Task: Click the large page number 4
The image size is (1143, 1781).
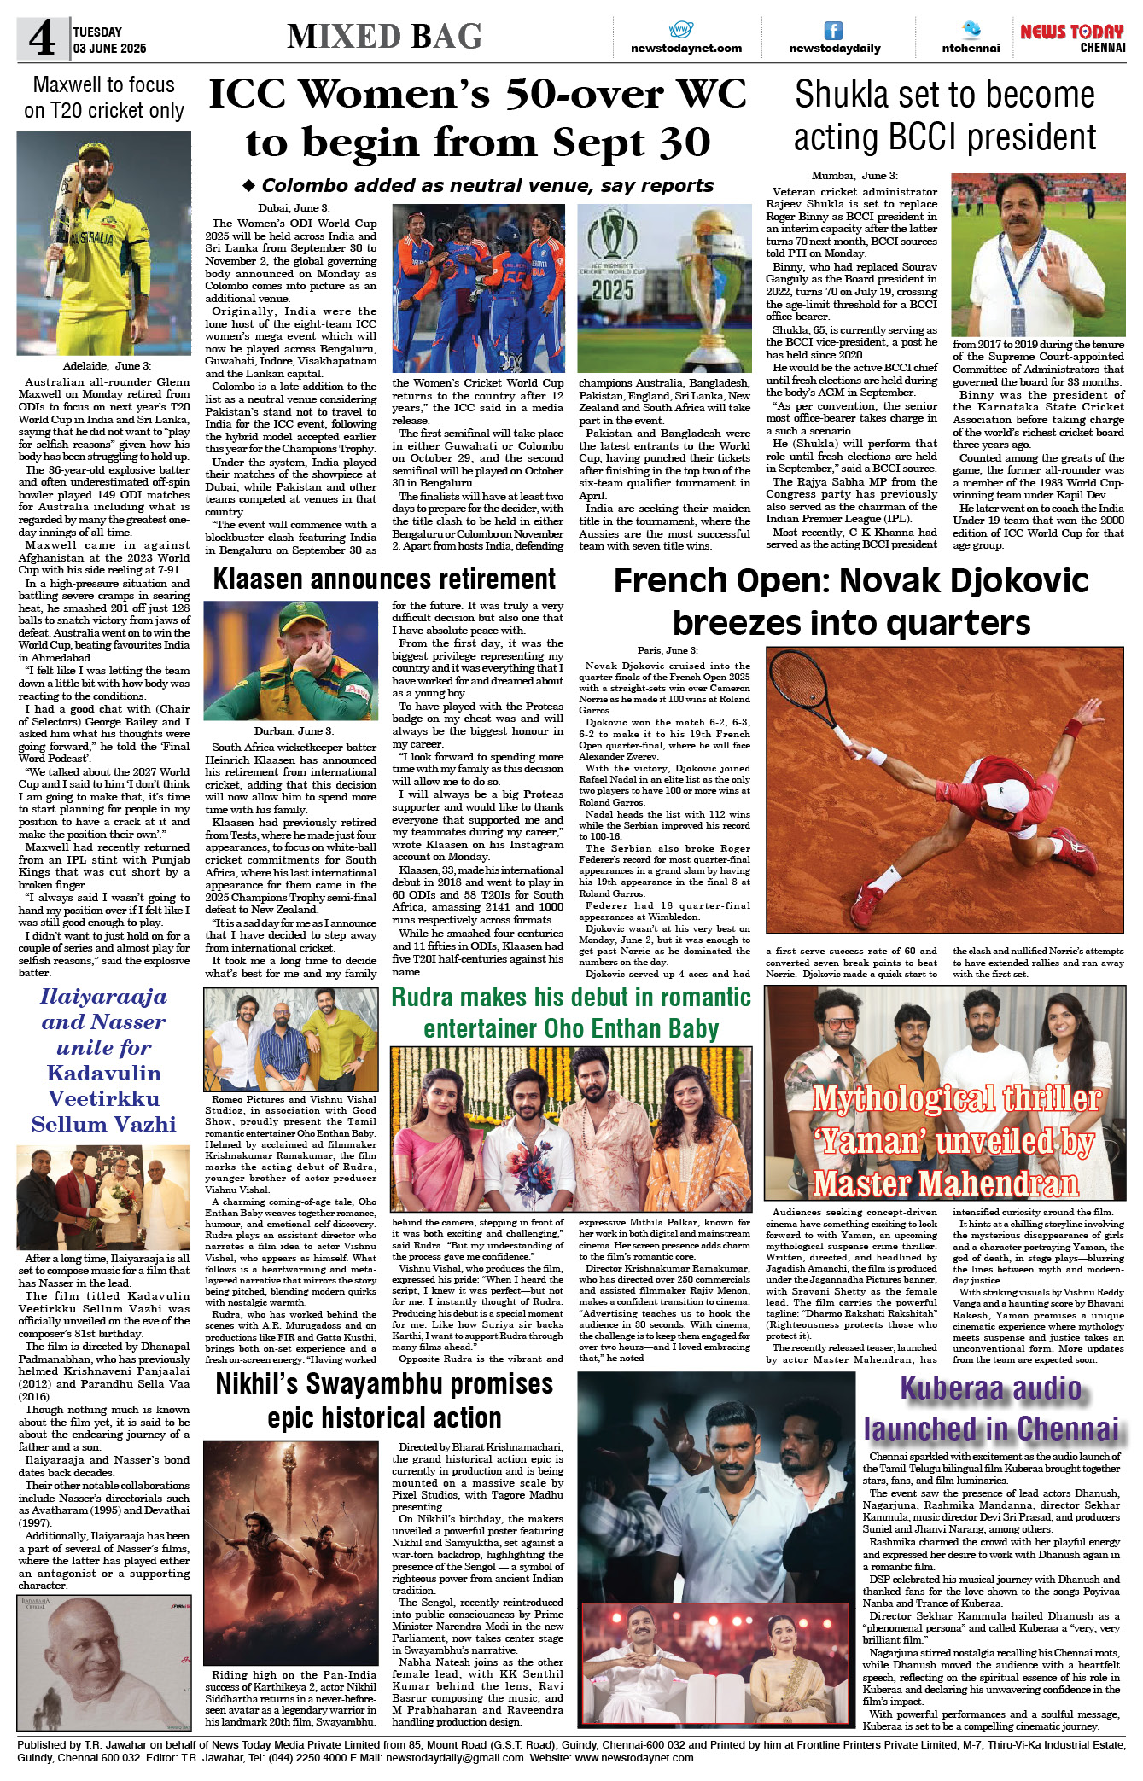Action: [x=42, y=39]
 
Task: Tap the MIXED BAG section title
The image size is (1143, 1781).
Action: [x=385, y=37]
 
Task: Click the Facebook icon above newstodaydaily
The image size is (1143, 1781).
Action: [x=833, y=31]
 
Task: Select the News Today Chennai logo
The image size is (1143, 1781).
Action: [x=1072, y=38]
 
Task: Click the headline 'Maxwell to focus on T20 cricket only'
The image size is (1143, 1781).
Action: [x=104, y=97]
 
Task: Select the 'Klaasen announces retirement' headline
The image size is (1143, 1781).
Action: [x=384, y=579]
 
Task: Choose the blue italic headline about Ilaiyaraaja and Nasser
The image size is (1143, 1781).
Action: [x=104, y=1059]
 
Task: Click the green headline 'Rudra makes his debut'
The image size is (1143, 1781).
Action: [x=571, y=1012]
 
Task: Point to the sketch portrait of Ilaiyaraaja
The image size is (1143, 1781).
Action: [x=103, y=1661]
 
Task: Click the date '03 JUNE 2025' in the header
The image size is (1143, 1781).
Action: [x=109, y=49]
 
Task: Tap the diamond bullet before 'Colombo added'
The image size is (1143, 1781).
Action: [x=249, y=185]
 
